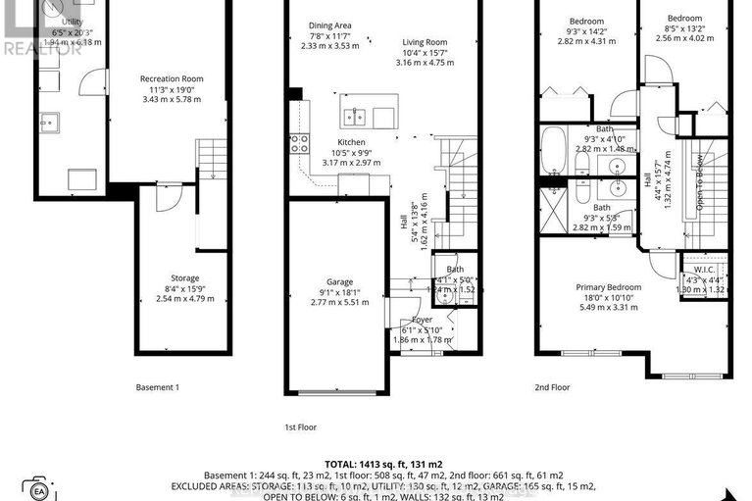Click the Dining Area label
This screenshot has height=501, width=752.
coord(330,25)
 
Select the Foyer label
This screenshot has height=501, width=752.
coord(422,320)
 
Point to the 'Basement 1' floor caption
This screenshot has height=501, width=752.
coord(157,387)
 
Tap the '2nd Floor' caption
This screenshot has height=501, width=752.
coord(552,387)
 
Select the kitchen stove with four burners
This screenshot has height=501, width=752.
coord(299,146)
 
